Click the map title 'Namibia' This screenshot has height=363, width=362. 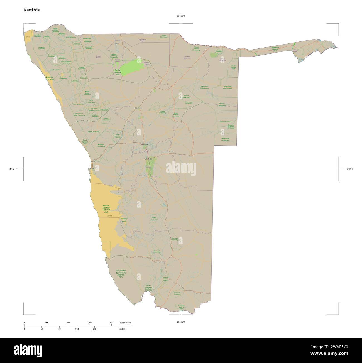[32, 10]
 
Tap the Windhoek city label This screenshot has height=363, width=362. [148, 159]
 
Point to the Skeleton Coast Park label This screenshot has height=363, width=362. [50, 78]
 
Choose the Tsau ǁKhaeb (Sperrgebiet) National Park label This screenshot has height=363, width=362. [121, 274]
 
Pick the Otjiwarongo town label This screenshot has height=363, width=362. [138, 108]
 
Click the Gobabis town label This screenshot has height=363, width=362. [190, 156]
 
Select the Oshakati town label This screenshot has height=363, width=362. [116, 43]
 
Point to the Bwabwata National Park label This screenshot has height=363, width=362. [275, 49]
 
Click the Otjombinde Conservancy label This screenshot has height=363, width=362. [226, 139]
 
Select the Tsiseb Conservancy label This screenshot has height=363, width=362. [94, 131]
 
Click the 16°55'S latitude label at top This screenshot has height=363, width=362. [181, 16]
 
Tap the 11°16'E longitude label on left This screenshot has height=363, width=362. [13, 169]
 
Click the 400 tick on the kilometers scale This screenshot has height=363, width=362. [112, 323]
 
